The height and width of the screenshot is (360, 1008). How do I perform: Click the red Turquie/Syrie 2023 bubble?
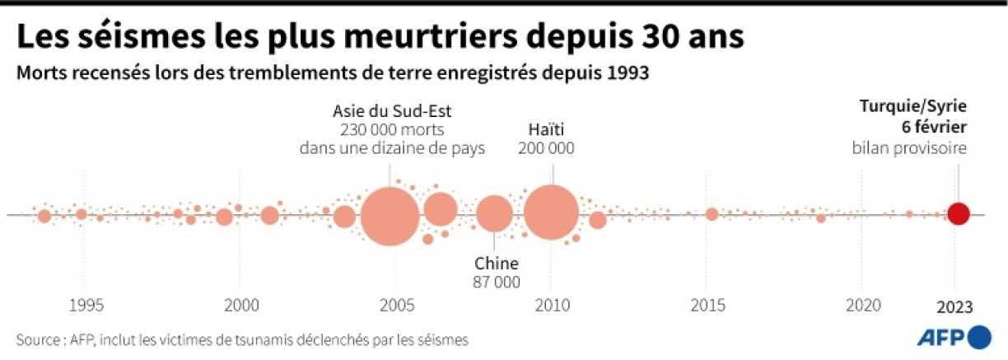[x=958, y=214]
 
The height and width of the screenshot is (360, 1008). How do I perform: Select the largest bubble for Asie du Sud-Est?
[x=390, y=217]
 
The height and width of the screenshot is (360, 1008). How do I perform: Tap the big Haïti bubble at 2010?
[x=551, y=213]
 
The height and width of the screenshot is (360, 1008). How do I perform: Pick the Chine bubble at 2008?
[x=494, y=215]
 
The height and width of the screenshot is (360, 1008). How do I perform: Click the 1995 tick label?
[x=86, y=305]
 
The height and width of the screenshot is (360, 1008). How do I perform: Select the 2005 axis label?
[x=396, y=305]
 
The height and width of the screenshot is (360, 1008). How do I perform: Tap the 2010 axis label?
[x=552, y=305]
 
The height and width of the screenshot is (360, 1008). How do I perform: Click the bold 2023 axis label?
[x=955, y=305]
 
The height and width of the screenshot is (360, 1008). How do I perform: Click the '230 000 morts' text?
[x=391, y=129]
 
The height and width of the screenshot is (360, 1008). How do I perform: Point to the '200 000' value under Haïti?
[x=546, y=148]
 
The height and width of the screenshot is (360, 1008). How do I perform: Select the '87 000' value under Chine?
[x=497, y=282]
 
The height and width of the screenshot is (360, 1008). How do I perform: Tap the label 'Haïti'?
[x=546, y=129]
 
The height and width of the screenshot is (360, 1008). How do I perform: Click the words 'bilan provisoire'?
[x=909, y=147]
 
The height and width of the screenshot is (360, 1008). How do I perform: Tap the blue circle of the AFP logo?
[x=980, y=336]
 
